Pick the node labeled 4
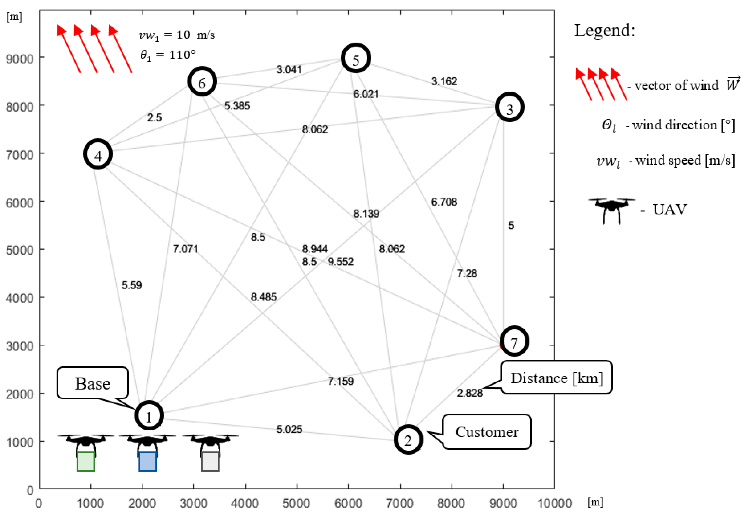tap(98, 154)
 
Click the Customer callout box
tap(487, 432)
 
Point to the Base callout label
tap(93, 383)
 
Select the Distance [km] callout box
tap(556, 378)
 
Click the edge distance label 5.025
tap(289, 429)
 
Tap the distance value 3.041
tap(289, 69)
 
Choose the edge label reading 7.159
tap(341, 381)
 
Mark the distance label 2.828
tap(470, 393)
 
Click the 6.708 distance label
tap(444, 202)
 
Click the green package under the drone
tap(86, 461)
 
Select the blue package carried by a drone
tap(148, 461)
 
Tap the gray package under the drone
tap(210, 461)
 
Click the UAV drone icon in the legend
tap(611, 209)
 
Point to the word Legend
tap(604, 31)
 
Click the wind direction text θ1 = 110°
tap(168, 55)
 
